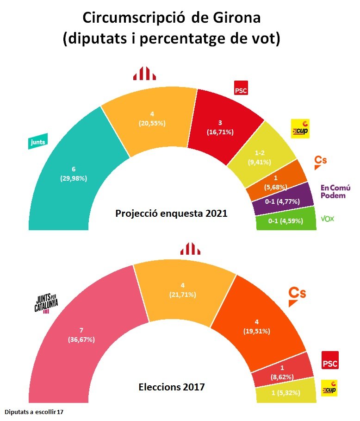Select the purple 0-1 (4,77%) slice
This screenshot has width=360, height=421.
[282, 201]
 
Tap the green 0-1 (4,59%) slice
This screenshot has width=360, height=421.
[286, 221]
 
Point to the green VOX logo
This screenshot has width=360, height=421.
[327, 218]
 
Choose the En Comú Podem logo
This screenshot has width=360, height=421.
[335, 191]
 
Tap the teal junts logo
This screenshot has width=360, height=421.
[37, 142]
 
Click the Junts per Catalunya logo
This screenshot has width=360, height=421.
[45, 304]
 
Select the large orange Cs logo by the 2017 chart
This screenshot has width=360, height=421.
[297, 295]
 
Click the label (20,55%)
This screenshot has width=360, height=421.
[152, 124]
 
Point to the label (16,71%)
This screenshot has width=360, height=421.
[220, 132]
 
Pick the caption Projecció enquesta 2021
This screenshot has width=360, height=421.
[171, 214]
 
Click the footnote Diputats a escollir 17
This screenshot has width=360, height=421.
[35, 411]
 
